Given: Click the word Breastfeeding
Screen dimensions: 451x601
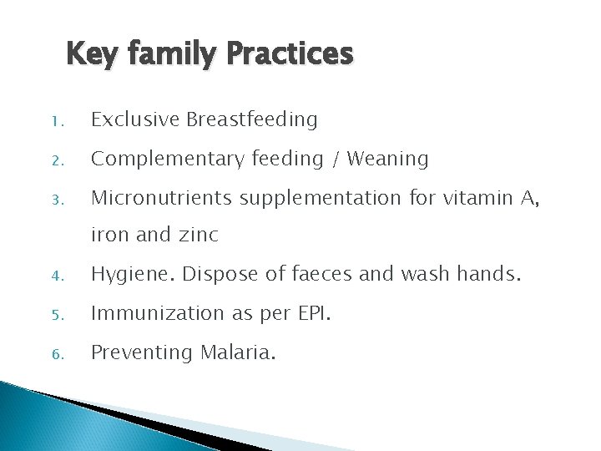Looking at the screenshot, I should coord(252,120).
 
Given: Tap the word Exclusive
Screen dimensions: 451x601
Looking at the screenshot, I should coord(135,120).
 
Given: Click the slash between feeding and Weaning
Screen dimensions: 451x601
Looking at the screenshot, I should coord(336,159).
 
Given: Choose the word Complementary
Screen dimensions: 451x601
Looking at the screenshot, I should coord(165,160).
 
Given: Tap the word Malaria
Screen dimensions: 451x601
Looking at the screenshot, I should coord(235,352).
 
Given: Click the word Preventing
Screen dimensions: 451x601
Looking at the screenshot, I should coord(141,352).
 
